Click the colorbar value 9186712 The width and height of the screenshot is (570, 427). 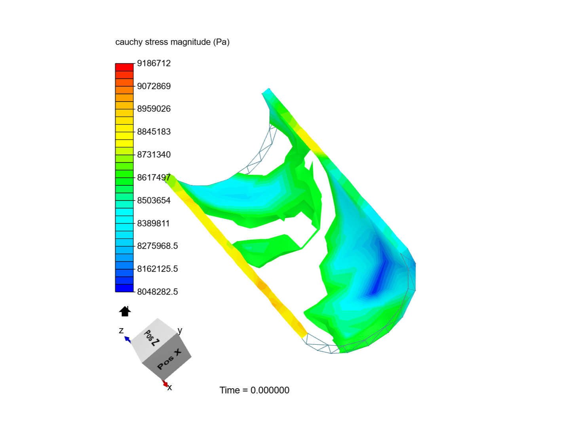(x=154, y=63)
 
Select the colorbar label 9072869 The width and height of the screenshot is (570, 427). (x=154, y=86)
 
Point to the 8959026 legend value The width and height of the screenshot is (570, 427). (x=154, y=109)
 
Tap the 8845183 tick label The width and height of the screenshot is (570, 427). (x=154, y=132)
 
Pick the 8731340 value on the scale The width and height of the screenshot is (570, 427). (x=154, y=155)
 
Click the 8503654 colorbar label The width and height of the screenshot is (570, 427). (x=154, y=200)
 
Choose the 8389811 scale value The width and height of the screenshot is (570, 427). (x=153, y=223)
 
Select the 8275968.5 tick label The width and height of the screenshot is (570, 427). (x=158, y=246)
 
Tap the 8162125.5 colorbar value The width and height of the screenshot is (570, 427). (x=158, y=269)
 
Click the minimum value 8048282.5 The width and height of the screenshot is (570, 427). (x=158, y=292)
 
